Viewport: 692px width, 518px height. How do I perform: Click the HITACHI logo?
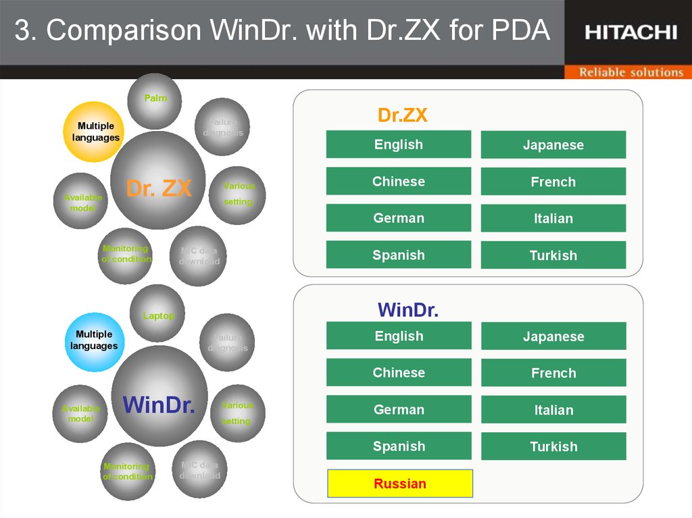630,32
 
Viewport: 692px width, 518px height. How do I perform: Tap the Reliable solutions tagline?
631,72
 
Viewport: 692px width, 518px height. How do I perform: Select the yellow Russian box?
400,484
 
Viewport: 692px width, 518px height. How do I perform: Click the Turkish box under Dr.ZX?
553,255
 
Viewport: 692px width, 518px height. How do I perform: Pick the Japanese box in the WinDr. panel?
553,336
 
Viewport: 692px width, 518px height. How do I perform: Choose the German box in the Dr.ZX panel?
399,218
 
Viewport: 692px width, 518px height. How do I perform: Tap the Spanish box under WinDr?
399,446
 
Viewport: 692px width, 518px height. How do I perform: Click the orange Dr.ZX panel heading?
402,115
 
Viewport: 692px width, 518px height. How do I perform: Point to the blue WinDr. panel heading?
408,311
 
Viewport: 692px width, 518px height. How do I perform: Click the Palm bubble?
155,100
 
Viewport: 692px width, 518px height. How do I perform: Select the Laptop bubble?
157,314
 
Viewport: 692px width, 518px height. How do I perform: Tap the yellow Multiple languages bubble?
95,132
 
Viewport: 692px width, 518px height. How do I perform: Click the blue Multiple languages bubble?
95,340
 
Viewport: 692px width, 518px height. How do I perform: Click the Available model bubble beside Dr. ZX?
81,201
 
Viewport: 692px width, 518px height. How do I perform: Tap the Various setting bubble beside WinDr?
237,413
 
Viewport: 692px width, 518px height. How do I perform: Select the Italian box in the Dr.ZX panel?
553,218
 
